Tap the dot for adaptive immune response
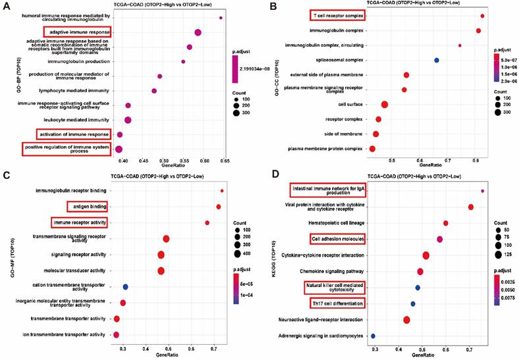[198, 32]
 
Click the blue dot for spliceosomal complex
[436, 60]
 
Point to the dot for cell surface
[385, 104]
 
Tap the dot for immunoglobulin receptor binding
[222, 191]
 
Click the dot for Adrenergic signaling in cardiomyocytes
[373, 336]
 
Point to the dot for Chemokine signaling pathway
[420, 271]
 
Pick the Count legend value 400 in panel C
[265, 252]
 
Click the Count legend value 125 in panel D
[499, 253]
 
